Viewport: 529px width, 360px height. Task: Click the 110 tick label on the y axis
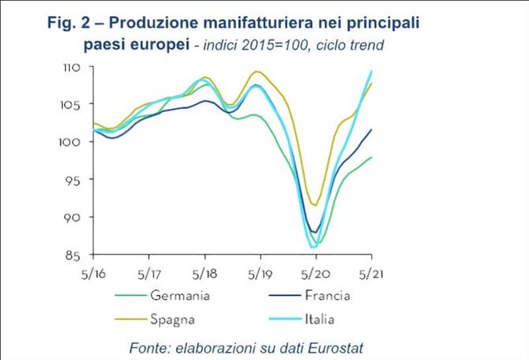point(71,67)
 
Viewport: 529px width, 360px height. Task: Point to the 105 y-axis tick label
point(71,105)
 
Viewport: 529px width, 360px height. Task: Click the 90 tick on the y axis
point(73,218)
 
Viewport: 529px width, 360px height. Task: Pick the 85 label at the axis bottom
point(73,255)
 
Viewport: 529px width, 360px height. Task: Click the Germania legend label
point(180,295)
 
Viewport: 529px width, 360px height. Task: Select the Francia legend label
point(327,295)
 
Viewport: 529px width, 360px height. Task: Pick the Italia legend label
point(319,320)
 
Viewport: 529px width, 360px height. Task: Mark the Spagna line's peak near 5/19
point(257,71)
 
